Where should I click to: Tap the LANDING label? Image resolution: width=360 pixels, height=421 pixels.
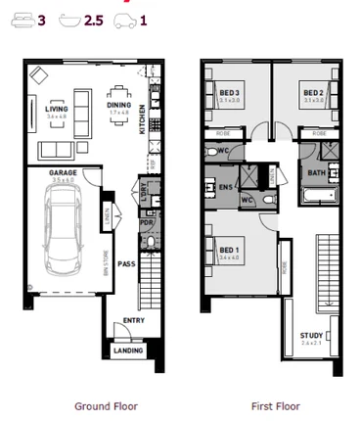click(x=128, y=350)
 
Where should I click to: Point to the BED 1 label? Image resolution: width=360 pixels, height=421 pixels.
click(x=229, y=251)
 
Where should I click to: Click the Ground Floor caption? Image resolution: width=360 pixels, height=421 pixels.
click(x=106, y=405)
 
